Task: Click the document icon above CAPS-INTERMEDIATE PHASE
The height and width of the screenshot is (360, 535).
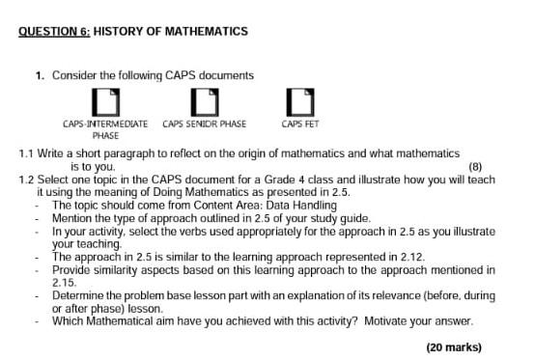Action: pos(105,101)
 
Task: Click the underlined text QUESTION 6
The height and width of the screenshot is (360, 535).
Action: pos(53,32)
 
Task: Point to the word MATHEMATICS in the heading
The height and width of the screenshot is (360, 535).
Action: pos(207,32)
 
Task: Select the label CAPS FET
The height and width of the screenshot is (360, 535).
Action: pos(299,125)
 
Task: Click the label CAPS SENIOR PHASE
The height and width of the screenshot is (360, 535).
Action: pos(204,125)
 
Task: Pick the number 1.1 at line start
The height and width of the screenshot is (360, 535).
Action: pos(27,153)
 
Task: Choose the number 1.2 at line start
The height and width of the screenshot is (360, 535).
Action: pos(27,180)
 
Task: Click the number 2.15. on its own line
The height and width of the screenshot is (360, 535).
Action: pos(65,283)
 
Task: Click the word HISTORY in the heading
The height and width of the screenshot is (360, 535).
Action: pos(120,32)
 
